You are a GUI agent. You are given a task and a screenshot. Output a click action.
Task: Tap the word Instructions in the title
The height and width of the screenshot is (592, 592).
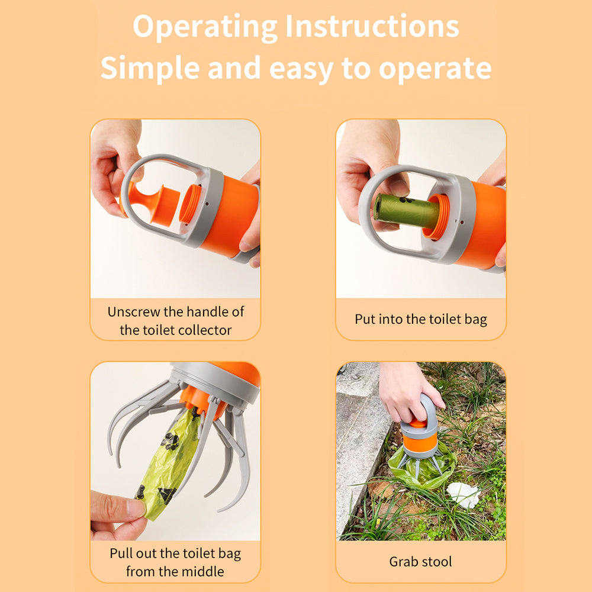(x=372, y=26)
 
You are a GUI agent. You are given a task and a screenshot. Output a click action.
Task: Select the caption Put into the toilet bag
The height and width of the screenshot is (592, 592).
(x=420, y=320)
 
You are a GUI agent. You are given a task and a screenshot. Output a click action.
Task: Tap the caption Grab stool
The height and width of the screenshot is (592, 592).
(x=420, y=561)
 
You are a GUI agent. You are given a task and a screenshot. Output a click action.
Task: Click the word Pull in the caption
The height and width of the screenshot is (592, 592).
(x=121, y=554)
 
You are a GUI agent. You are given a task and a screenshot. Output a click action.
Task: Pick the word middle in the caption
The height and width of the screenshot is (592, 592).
(x=202, y=572)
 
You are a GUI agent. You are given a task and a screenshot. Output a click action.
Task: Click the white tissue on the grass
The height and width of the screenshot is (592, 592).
(x=463, y=494)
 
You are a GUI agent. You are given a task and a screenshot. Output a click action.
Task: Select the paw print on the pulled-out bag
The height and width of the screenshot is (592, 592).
(x=170, y=441)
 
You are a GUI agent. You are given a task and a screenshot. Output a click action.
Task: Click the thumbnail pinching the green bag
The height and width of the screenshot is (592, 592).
(x=136, y=507)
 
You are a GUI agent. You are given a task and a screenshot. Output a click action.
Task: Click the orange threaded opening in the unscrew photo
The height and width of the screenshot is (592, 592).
(x=190, y=204)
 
